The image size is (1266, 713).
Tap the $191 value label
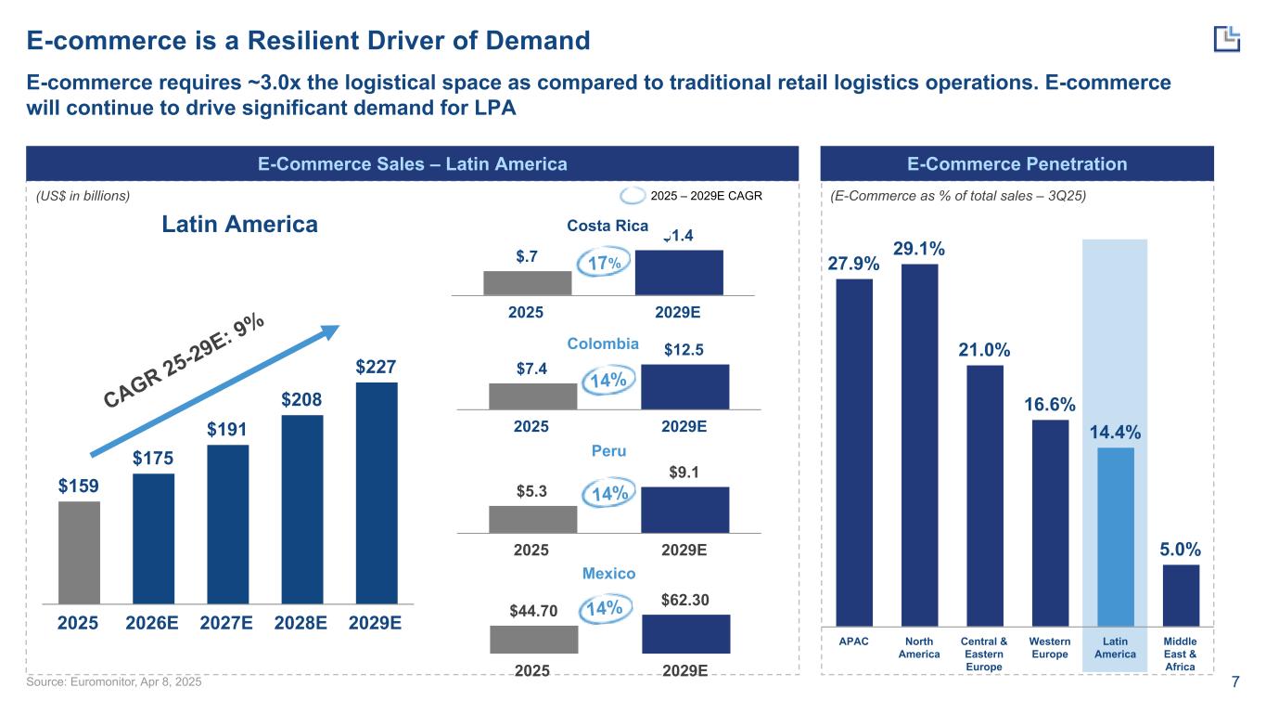pos(227,430)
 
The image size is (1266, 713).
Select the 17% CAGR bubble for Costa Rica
pos(603,265)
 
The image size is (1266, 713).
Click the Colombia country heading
pos(603,344)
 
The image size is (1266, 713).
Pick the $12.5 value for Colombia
pos(684,350)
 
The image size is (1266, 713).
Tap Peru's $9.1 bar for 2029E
pos(684,510)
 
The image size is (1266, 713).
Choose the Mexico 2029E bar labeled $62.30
pos(685,634)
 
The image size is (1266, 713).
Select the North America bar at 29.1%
pos(919,445)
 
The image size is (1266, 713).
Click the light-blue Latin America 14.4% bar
pos(1115,537)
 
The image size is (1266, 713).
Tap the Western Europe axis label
pos(1050,648)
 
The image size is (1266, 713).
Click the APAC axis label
pos(854,642)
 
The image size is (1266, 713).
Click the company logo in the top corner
pos(1226,38)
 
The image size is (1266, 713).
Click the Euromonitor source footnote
pos(113,682)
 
